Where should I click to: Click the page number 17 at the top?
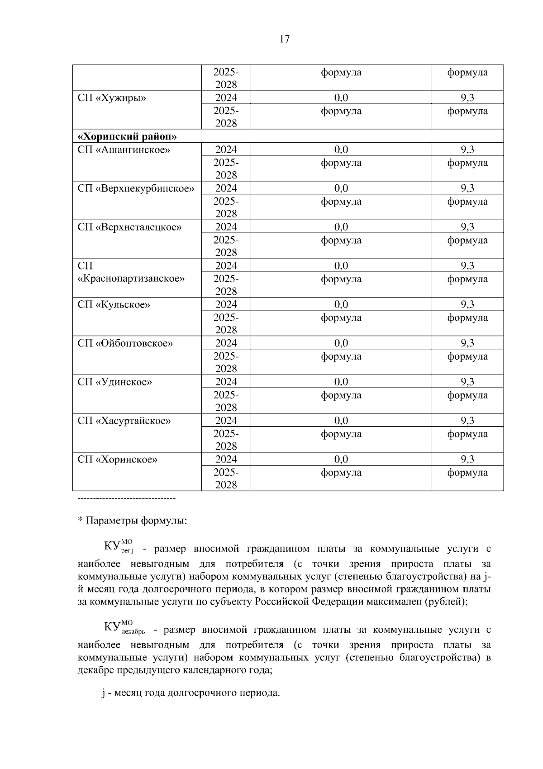click(x=284, y=39)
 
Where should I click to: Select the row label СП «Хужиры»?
click(x=112, y=98)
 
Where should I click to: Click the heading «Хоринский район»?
click(x=127, y=137)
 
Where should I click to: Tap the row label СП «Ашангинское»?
click(x=124, y=150)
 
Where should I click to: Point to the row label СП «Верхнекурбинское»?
click(x=136, y=188)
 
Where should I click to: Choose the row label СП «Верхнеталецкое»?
click(x=129, y=227)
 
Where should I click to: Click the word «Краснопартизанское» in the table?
click(x=131, y=279)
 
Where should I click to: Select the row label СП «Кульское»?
click(x=114, y=305)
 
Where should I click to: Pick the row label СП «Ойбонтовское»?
click(x=125, y=343)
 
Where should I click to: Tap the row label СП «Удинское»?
click(x=114, y=382)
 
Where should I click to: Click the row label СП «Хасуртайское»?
click(x=124, y=421)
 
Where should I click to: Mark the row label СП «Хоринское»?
click(x=117, y=460)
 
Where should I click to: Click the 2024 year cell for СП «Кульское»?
click(x=226, y=305)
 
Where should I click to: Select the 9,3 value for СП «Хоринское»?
click(x=467, y=460)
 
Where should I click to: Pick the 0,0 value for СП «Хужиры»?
click(x=341, y=98)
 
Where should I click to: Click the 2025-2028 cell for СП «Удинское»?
click(x=226, y=401)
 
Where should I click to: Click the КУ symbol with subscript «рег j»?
click(x=119, y=547)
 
